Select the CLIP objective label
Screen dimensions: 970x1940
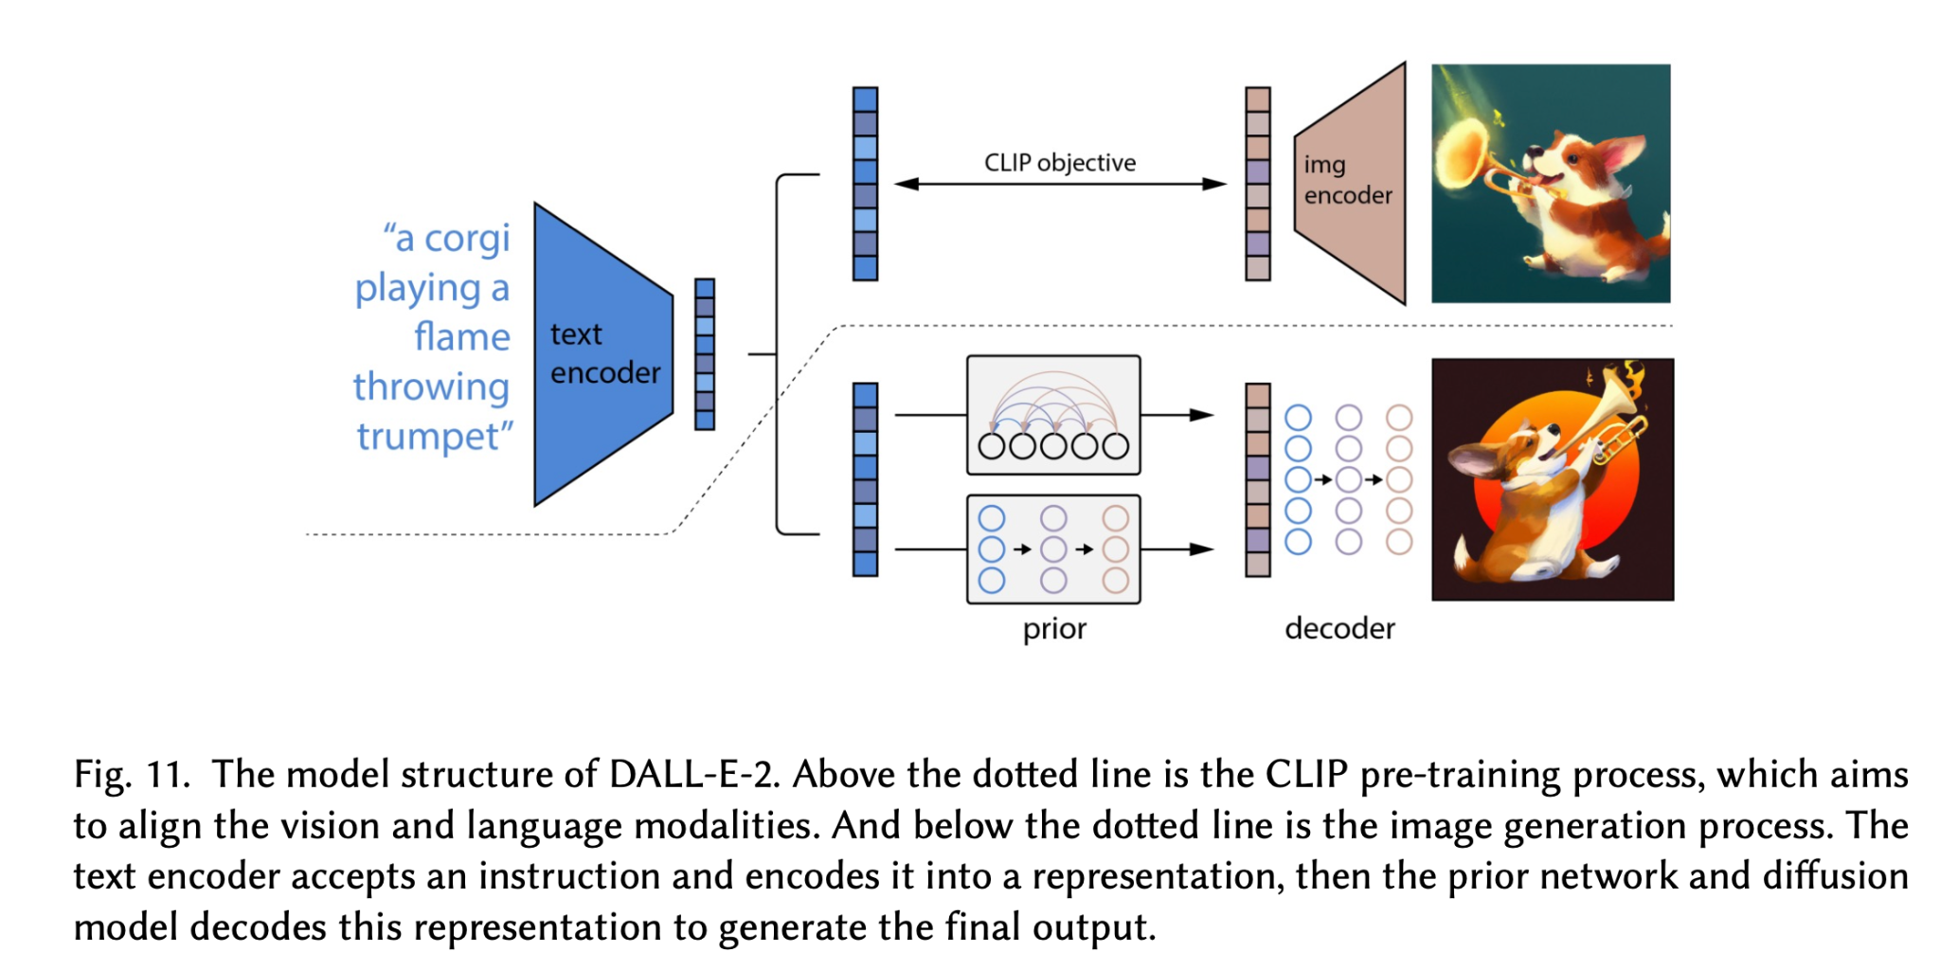click(1059, 163)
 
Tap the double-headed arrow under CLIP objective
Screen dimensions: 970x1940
click(1059, 184)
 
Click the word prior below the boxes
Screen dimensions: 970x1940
click(1054, 629)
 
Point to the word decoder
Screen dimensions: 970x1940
click(1339, 629)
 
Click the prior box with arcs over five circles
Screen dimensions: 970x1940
click(1053, 415)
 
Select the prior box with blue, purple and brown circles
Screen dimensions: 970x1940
click(1053, 549)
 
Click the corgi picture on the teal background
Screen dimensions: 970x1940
click(1551, 184)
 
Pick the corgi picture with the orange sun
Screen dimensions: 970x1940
click(1553, 479)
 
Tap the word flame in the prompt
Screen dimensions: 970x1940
click(461, 337)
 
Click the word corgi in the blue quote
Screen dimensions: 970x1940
click(466, 239)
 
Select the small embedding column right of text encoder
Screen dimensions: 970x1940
click(705, 354)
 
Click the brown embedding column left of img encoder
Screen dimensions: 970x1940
click(1258, 184)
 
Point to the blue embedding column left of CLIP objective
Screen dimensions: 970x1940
click(865, 184)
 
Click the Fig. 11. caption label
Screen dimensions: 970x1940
click(132, 775)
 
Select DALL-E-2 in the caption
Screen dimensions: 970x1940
click(693, 775)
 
